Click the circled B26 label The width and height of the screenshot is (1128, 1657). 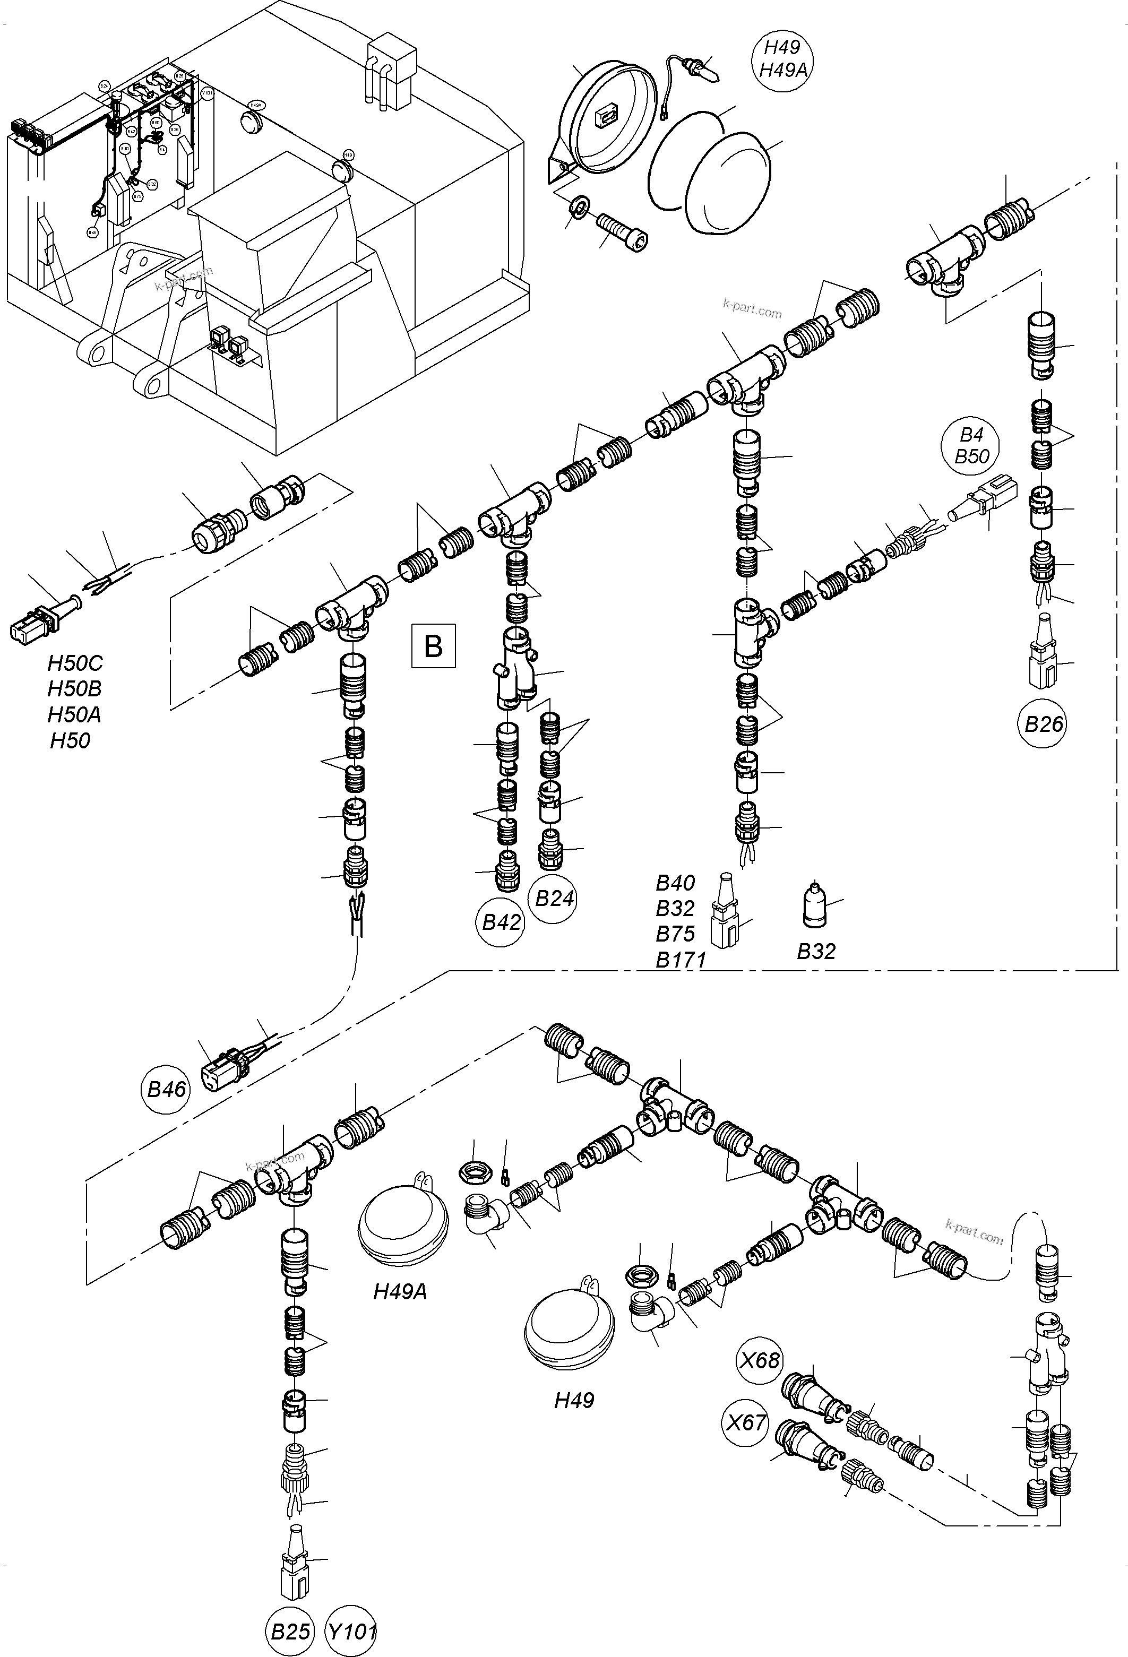pyautogui.click(x=1043, y=724)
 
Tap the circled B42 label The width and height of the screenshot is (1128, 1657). pyautogui.click(x=501, y=922)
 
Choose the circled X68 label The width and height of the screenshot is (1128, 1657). pyautogui.click(x=760, y=1360)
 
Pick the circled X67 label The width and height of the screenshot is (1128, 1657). pyautogui.click(x=745, y=1423)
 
